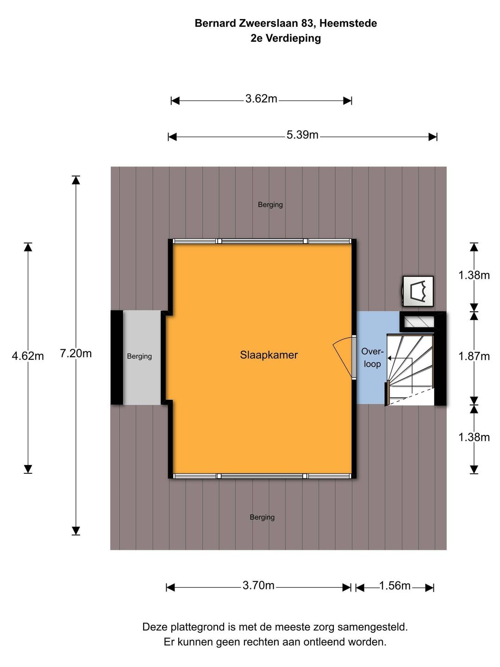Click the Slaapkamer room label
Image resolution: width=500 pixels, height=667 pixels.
click(269, 355)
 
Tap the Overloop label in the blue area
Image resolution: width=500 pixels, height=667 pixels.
click(372, 358)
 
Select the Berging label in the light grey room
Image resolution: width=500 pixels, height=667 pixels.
click(139, 356)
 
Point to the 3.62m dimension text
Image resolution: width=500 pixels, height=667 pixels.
click(261, 99)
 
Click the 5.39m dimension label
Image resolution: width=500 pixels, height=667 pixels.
click(302, 135)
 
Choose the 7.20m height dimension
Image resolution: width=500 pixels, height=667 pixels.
click(75, 353)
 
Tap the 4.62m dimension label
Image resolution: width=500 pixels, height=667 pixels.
click(28, 356)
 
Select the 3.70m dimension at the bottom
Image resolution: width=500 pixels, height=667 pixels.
click(258, 585)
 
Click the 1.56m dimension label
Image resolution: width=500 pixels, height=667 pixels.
click(394, 585)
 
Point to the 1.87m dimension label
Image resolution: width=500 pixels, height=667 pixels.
click(474, 356)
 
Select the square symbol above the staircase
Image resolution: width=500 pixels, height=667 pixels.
click(418, 291)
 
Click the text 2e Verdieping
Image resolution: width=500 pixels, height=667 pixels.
click(286, 38)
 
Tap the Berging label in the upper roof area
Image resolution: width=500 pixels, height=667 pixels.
click(270, 205)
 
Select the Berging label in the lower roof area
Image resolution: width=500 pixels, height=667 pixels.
click(262, 517)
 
